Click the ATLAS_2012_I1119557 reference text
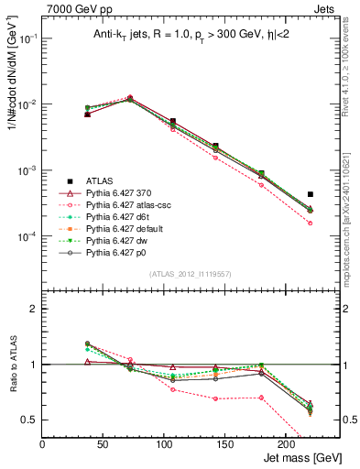191,273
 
